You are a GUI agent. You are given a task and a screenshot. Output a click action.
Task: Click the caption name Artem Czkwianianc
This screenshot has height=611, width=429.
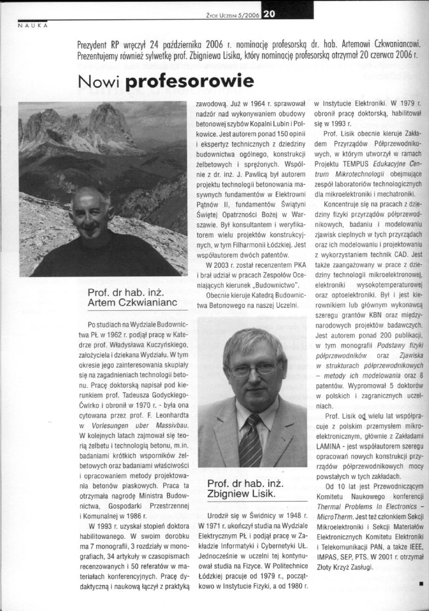coord(132,304)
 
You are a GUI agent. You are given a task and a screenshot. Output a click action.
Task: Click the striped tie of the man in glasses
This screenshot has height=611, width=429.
coord(250,441)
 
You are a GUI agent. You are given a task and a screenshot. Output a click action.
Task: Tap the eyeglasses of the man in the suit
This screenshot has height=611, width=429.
coord(254,368)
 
